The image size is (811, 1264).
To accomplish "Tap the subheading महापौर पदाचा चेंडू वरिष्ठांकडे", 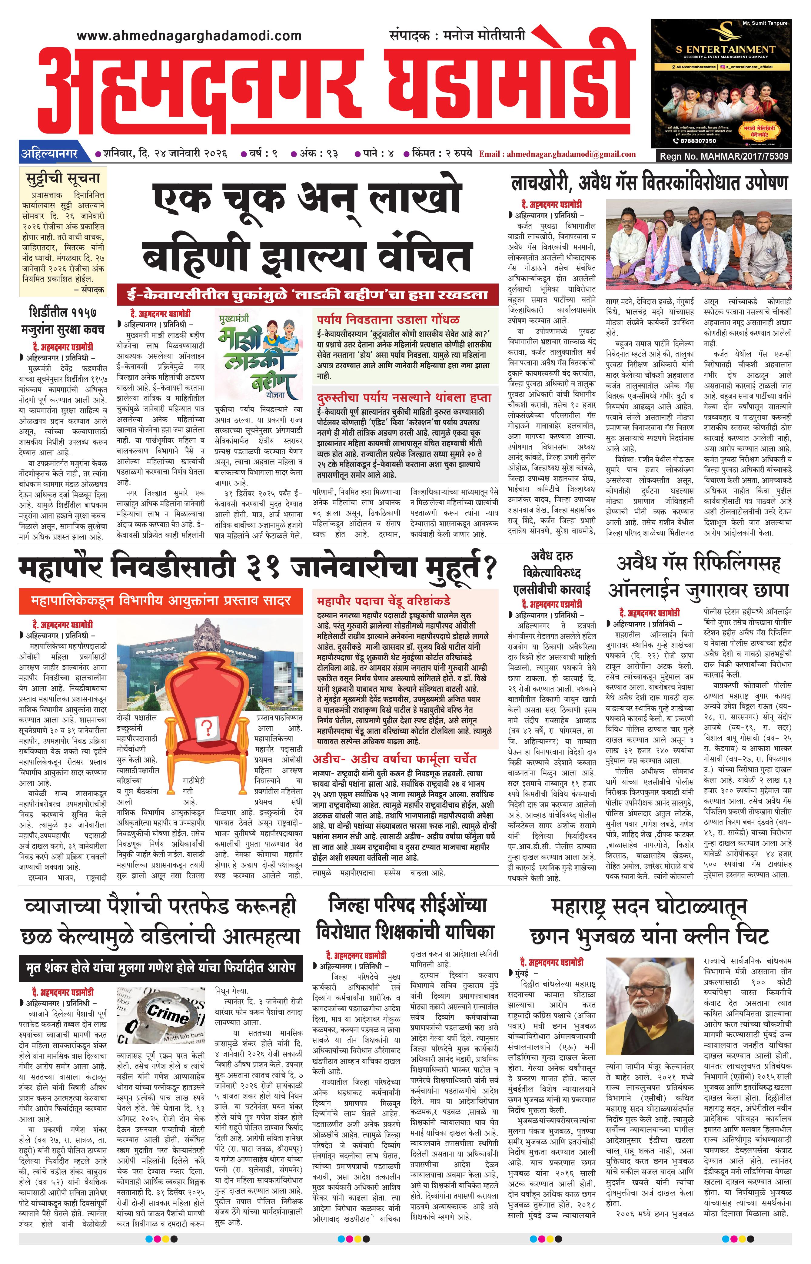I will [383, 601].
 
